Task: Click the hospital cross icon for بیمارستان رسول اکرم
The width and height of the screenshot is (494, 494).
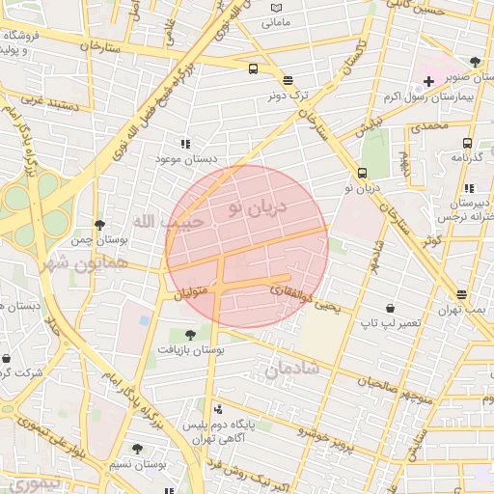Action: [428, 83]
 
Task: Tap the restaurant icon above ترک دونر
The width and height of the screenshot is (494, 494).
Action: [288, 80]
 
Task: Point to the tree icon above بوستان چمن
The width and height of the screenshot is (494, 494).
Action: [99, 224]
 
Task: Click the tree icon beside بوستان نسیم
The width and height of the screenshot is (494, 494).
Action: [137, 449]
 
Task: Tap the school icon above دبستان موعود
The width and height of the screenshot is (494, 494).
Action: [185, 143]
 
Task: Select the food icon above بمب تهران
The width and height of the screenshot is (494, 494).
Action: [461, 294]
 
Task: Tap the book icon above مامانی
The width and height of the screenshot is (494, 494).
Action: [278, 6]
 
